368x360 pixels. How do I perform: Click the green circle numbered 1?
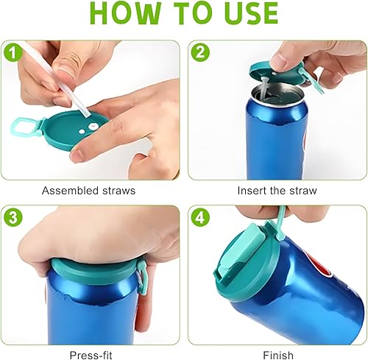[13, 53]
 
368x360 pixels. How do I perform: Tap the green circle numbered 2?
[200, 52]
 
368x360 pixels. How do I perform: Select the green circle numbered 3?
[13, 217]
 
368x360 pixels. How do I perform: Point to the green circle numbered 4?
[201, 217]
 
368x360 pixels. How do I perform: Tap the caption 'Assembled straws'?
[88, 191]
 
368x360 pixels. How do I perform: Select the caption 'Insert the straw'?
[277, 191]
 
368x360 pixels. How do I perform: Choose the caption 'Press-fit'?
[91, 355]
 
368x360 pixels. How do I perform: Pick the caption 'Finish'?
[278, 355]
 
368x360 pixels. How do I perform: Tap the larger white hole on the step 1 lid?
[93, 127]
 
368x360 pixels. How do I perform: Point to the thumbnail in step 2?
[278, 61]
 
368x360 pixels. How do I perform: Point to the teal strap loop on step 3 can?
[142, 278]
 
